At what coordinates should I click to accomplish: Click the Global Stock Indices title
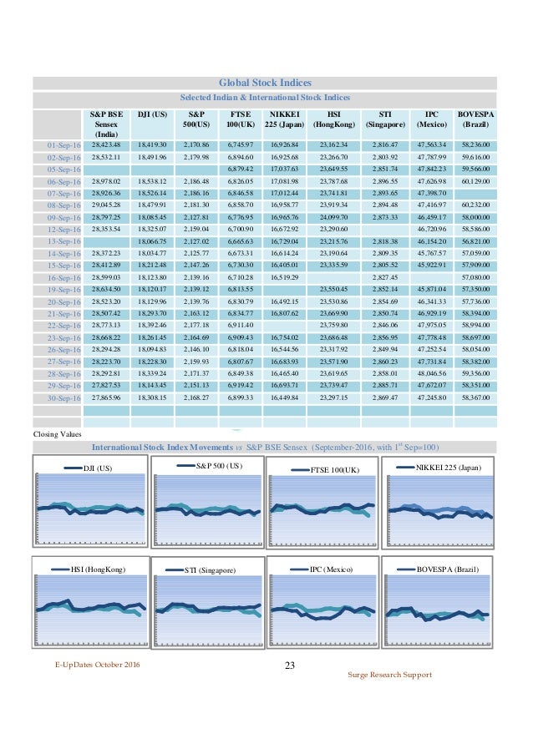click(x=265, y=83)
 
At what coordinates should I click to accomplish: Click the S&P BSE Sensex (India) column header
click(x=106, y=123)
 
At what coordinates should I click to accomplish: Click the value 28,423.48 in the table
click(x=106, y=145)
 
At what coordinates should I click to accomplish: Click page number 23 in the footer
click(x=290, y=665)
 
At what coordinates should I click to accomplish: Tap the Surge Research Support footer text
click(x=389, y=674)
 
